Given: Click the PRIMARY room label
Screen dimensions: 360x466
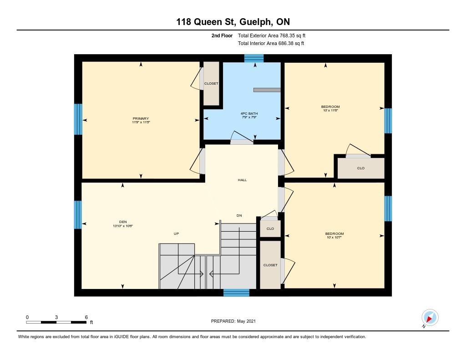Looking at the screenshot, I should click(141, 118).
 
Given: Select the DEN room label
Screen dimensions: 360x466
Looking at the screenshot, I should click(122, 222).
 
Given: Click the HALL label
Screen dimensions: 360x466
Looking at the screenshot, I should click(242, 180).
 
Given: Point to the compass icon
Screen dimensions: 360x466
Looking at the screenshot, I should click(430, 317).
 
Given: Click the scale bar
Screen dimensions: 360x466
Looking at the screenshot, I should click(56, 322).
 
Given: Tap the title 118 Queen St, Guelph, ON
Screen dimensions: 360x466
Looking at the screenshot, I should click(233, 21).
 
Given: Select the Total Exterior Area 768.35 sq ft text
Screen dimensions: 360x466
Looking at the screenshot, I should click(274, 35).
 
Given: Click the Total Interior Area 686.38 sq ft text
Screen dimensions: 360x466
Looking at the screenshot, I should click(271, 44).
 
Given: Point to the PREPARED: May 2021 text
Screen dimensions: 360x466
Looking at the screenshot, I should click(233, 321).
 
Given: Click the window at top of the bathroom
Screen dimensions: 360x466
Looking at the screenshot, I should click(254, 58).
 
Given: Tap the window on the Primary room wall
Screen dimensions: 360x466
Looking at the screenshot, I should click(78, 119).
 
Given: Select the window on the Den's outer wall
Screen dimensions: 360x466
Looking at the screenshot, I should click(78, 214).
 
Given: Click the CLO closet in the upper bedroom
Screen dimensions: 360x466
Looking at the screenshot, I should click(360, 168).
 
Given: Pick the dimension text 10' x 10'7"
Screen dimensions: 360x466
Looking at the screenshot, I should click(335, 237).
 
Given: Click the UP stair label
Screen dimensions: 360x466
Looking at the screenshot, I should click(176, 233).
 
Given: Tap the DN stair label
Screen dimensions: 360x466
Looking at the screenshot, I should click(239, 215).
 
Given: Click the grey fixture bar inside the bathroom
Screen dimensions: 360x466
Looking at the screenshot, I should click(266, 90).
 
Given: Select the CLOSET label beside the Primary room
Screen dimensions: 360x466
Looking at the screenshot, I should click(211, 83).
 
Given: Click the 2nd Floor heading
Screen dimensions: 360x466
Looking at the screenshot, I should click(222, 35).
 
